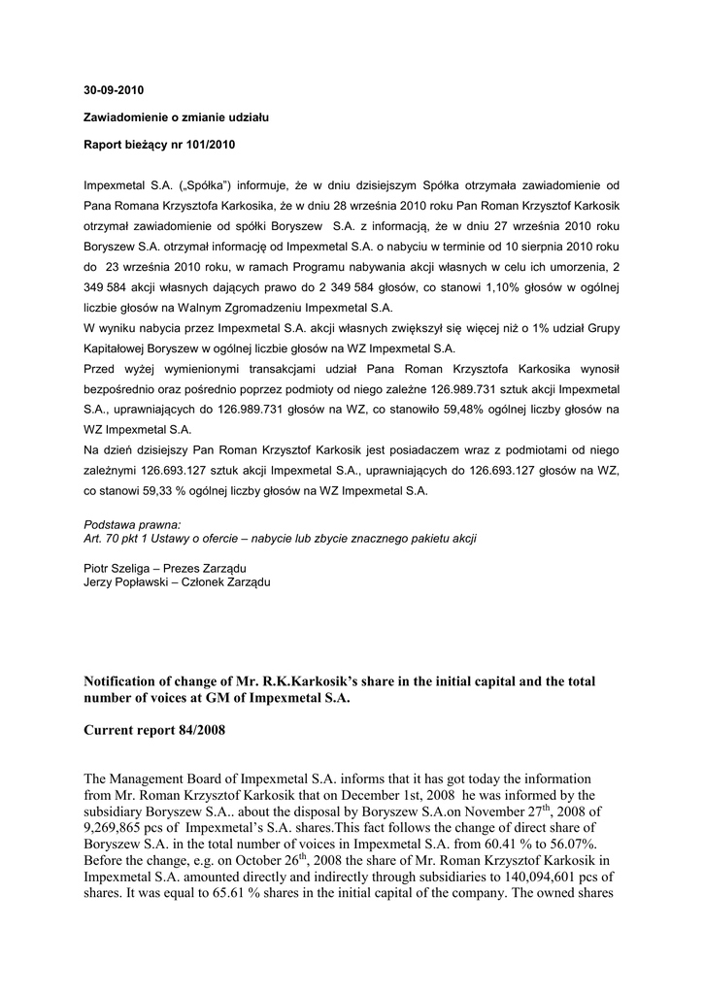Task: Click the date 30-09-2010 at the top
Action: click(x=113, y=90)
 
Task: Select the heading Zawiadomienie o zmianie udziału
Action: click(x=176, y=117)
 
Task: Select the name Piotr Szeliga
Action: click(x=117, y=567)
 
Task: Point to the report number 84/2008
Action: click(x=192, y=729)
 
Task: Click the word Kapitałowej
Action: click(x=117, y=348)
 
